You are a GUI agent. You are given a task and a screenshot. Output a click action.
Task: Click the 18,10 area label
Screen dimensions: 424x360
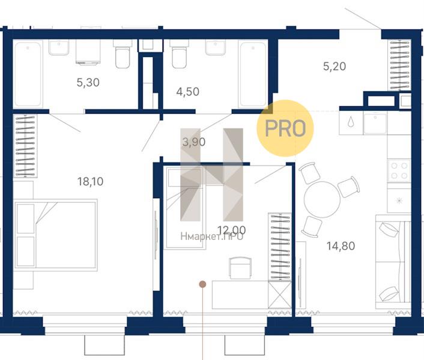click(x=90, y=181)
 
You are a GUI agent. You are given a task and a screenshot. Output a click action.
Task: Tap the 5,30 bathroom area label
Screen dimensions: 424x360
click(x=88, y=82)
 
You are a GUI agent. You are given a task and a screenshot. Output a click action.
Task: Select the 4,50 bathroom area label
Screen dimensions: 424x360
click(x=187, y=92)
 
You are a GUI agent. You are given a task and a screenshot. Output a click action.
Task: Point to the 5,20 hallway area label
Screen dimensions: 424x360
click(x=335, y=66)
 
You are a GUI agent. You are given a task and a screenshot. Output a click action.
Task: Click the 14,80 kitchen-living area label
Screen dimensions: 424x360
click(x=341, y=246)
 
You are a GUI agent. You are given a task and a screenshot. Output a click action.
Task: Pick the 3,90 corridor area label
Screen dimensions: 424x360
click(x=194, y=142)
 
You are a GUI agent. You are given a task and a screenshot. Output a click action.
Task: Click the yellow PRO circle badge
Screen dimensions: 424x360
click(x=285, y=128)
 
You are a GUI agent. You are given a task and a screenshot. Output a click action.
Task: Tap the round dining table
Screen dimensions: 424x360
click(x=322, y=200)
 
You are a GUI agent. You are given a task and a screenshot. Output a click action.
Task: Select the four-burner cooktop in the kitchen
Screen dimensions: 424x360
click(x=399, y=170)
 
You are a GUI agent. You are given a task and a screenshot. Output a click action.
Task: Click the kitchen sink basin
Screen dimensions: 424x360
click(x=375, y=124)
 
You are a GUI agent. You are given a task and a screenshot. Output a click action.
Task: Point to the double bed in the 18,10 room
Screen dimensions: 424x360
click(x=56, y=235)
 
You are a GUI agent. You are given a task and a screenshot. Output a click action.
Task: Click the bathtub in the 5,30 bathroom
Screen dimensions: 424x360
click(x=28, y=74)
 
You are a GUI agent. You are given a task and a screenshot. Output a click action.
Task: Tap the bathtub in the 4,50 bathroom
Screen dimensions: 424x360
click(x=253, y=74)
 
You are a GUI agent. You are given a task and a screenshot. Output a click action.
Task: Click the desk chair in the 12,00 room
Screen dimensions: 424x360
click(x=240, y=268)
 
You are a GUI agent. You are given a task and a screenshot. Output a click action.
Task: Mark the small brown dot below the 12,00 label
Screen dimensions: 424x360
click(x=202, y=284)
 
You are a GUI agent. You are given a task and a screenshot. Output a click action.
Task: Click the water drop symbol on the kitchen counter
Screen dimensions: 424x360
click(x=351, y=122)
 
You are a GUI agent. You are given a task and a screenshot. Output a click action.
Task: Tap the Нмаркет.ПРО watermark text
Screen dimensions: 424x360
click(x=212, y=236)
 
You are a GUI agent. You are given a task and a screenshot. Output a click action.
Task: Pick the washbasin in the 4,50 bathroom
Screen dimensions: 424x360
click(x=215, y=48)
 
